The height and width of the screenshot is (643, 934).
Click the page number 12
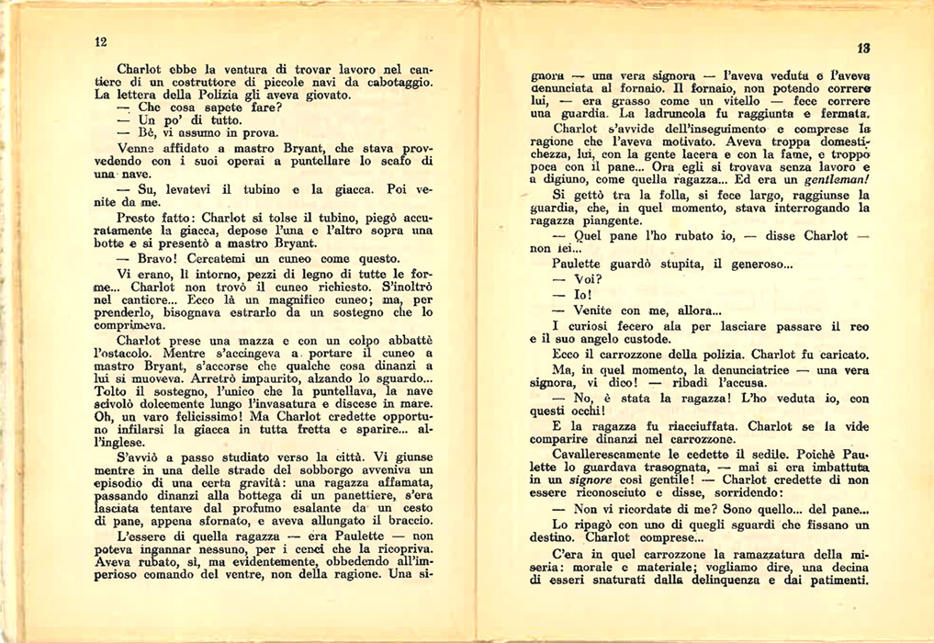point(101,41)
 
